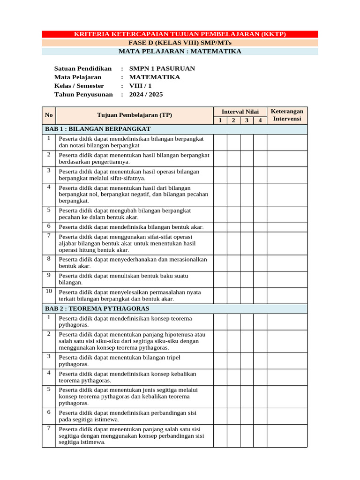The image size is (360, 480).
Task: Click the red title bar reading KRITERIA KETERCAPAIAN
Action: (x=180, y=34)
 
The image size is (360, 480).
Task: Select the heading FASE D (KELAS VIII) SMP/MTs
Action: (x=180, y=43)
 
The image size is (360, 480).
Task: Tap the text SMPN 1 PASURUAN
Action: (x=162, y=68)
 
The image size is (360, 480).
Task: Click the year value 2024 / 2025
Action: (x=146, y=94)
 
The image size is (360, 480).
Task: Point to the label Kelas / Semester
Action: (x=79, y=86)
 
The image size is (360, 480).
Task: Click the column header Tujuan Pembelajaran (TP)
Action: (x=135, y=115)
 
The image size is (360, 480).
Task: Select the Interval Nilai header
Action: (x=240, y=112)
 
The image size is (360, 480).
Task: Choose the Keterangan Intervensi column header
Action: (x=287, y=115)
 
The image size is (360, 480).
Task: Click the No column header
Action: (x=49, y=115)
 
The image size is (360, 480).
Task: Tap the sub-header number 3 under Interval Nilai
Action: (x=247, y=120)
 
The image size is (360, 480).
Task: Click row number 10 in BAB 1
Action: (x=49, y=291)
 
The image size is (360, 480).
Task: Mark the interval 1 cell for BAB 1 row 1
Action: (x=220, y=142)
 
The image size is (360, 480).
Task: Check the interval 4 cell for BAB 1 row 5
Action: (x=260, y=214)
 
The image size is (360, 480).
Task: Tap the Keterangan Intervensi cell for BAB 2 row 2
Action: (x=287, y=341)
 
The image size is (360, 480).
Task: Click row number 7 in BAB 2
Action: (x=49, y=428)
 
